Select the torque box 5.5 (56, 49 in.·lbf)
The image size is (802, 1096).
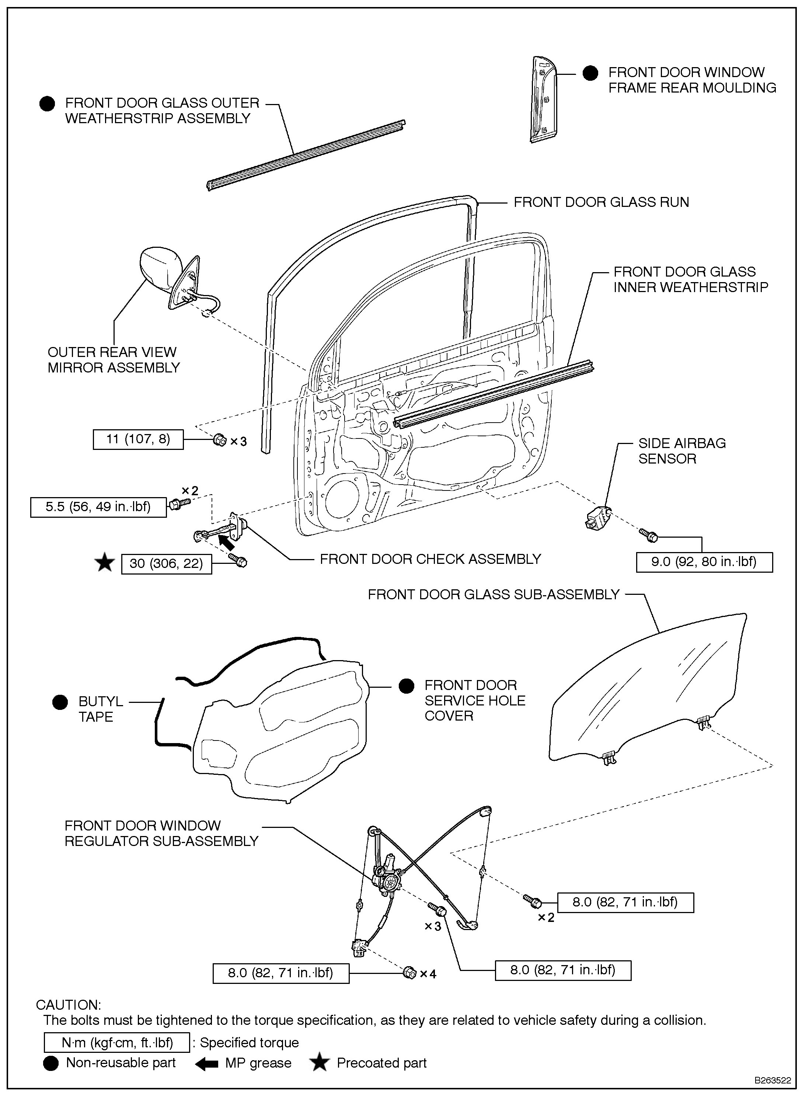click(x=98, y=507)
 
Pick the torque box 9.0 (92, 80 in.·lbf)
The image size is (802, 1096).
click(x=704, y=562)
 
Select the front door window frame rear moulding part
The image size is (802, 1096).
click(x=544, y=100)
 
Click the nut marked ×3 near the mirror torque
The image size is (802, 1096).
click(x=219, y=441)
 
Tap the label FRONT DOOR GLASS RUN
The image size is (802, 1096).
click(x=601, y=202)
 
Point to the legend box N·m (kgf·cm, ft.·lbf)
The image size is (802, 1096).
click(x=116, y=1043)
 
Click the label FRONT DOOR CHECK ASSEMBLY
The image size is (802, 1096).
click(x=430, y=559)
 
